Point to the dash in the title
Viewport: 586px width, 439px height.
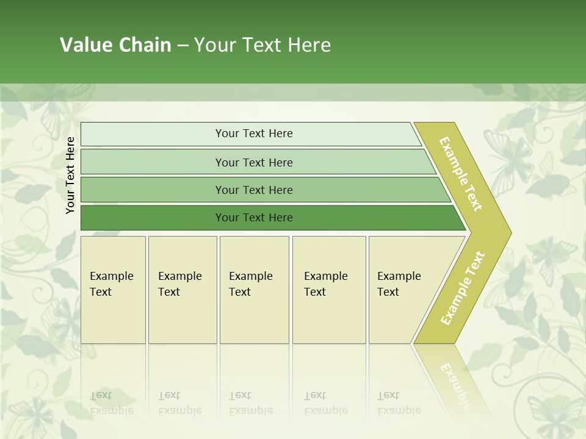(183, 46)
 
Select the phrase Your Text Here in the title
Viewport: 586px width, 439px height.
(262, 45)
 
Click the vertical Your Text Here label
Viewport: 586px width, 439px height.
(70, 175)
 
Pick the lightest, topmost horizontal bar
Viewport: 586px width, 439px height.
(253, 134)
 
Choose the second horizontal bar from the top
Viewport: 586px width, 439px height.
(253, 162)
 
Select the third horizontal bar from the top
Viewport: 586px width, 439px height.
(253, 190)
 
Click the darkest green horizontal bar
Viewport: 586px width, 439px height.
(253, 218)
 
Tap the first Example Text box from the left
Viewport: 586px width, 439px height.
(112, 284)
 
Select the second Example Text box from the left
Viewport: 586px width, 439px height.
(181, 284)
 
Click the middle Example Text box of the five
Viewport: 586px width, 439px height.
(253, 284)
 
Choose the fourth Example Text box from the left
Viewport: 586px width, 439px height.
(328, 284)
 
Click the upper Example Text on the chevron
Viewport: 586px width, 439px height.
(461, 174)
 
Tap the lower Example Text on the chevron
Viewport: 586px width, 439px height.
(462, 288)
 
